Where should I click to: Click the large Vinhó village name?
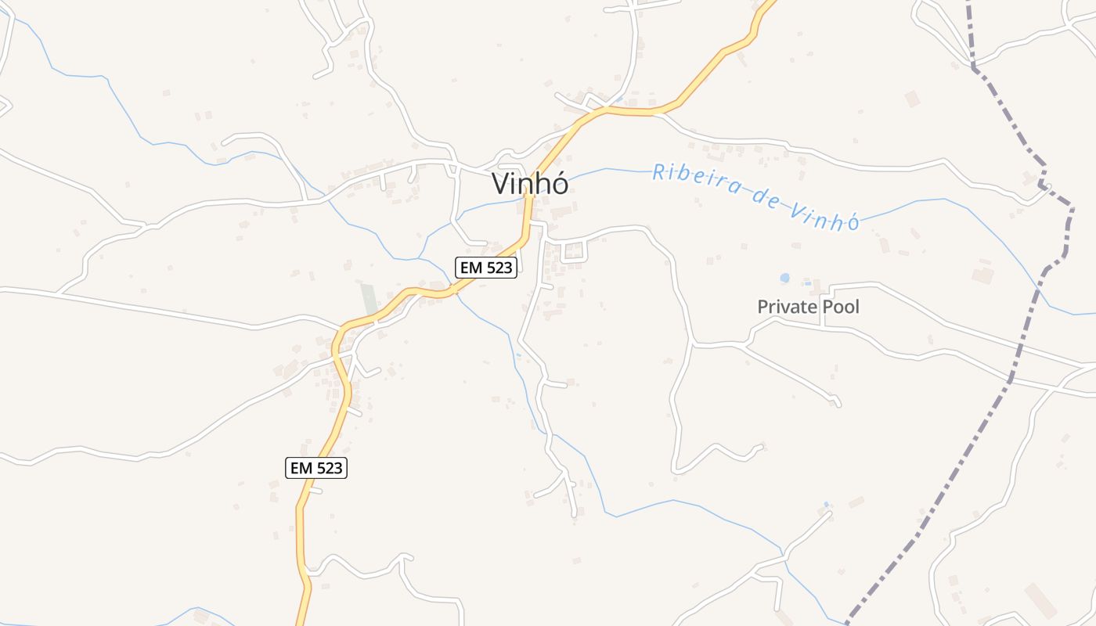point(530,184)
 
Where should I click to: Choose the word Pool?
point(839,307)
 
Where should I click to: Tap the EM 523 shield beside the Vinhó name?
point(486,268)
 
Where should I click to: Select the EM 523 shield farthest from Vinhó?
point(315,468)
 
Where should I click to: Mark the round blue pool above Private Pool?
point(784,278)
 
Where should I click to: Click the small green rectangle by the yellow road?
point(368,300)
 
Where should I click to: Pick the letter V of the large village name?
point(502,184)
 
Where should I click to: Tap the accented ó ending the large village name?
point(558,184)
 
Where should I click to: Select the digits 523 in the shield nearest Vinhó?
point(498,268)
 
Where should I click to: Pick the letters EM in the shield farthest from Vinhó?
point(301,468)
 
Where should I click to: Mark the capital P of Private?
point(763,307)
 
